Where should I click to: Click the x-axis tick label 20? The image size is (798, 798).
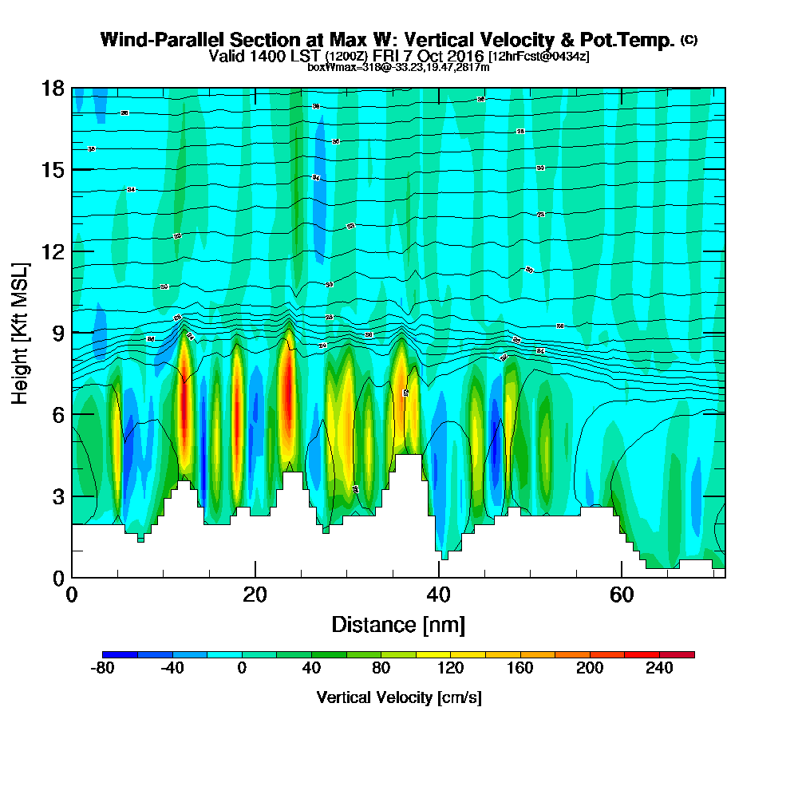pyautogui.click(x=255, y=595)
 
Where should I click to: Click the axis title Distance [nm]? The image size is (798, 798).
pyautogui.click(x=398, y=624)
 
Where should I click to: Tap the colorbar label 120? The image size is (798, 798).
pyautogui.click(x=451, y=669)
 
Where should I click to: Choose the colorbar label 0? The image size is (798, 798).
pyautogui.click(x=242, y=669)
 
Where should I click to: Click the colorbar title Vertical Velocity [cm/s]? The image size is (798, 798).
pyautogui.click(x=399, y=697)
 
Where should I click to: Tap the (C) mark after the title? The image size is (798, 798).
pyautogui.click(x=689, y=39)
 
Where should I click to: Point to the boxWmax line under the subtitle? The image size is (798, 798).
pyautogui.click(x=398, y=67)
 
